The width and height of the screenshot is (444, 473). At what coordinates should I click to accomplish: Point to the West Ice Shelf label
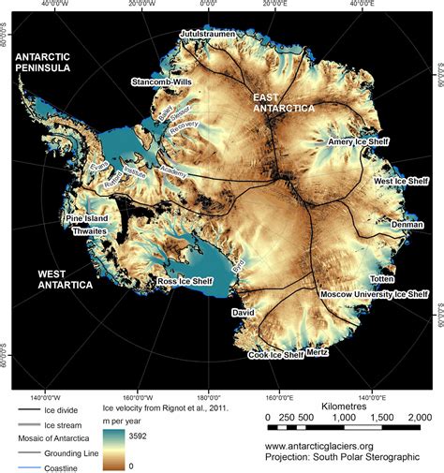click(x=400, y=181)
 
